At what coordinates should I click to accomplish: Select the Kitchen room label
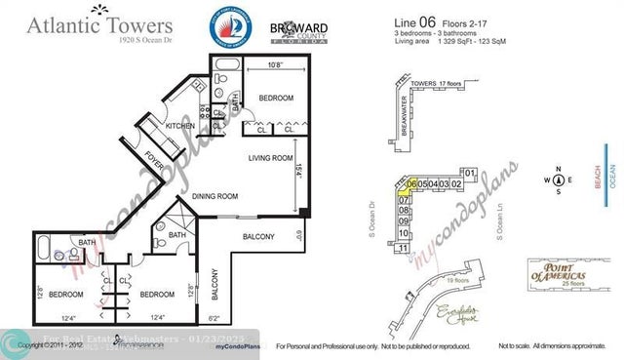coord(180,125)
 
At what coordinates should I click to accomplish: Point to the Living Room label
coord(271,157)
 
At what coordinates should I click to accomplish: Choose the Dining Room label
coord(214,195)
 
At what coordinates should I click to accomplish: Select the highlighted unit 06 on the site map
coord(413,183)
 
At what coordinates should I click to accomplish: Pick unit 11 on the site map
coord(403,249)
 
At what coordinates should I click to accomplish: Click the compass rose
coord(559,180)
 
